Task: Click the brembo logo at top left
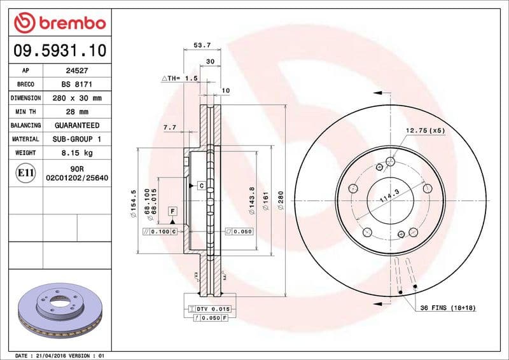[x=59, y=24]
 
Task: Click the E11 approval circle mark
[x=26, y=172]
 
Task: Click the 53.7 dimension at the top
[x=202, y=46]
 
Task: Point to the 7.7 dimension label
[x=170, y=128]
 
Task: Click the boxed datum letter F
[x=172, y=211]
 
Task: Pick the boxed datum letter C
[x=201, y=186]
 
